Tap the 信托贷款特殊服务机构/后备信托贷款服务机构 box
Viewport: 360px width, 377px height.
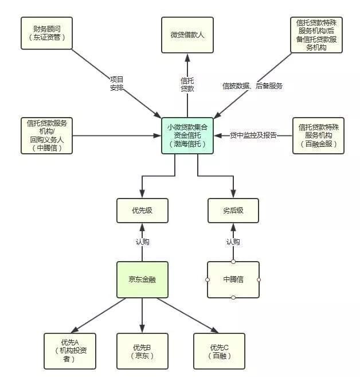(316, 35)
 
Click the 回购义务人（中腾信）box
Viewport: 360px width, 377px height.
(47, 135)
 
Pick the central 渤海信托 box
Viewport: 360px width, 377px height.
(187, 135)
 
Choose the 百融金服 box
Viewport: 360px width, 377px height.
(318, 135)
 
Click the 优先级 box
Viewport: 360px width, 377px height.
(142, 211)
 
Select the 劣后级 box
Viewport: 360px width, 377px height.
(233, 211)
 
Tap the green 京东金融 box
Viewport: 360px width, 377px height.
(142, 279)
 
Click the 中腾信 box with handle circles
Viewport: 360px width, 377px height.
(233, 279)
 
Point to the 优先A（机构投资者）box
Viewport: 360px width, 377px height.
(70, 351)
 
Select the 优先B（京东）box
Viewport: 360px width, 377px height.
(142, 351)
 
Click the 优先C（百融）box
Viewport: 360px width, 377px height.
(220, 351)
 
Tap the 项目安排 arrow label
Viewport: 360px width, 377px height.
(116, 83)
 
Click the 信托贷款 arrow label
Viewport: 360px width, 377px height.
(187, 84)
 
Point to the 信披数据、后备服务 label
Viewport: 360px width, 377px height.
(252, 86)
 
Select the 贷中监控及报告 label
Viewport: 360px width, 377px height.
(253, 135)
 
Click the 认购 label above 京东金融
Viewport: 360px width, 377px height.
(142, 242)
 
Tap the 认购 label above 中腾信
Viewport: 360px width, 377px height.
(233, 242)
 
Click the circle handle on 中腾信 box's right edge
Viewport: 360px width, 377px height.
(259, 280)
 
